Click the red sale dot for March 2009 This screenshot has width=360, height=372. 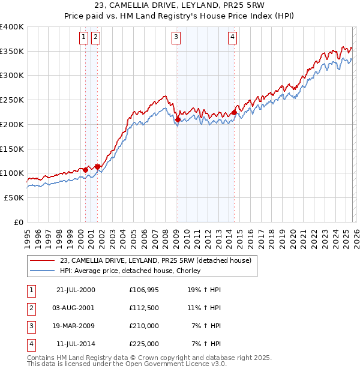coord(178,120)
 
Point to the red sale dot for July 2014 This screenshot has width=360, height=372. coord(234,113)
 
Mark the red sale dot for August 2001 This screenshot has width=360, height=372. coord(97,167)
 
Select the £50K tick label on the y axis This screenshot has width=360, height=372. coord(14,197)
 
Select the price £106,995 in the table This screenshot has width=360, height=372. coord(144,290)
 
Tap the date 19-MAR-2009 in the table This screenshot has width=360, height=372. coord(76,326)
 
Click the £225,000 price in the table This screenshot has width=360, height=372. coord(144,344)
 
